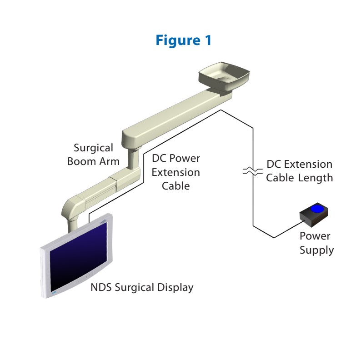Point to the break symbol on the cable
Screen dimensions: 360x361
(x=252, y=171)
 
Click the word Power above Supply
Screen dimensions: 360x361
(x=315, y=236)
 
